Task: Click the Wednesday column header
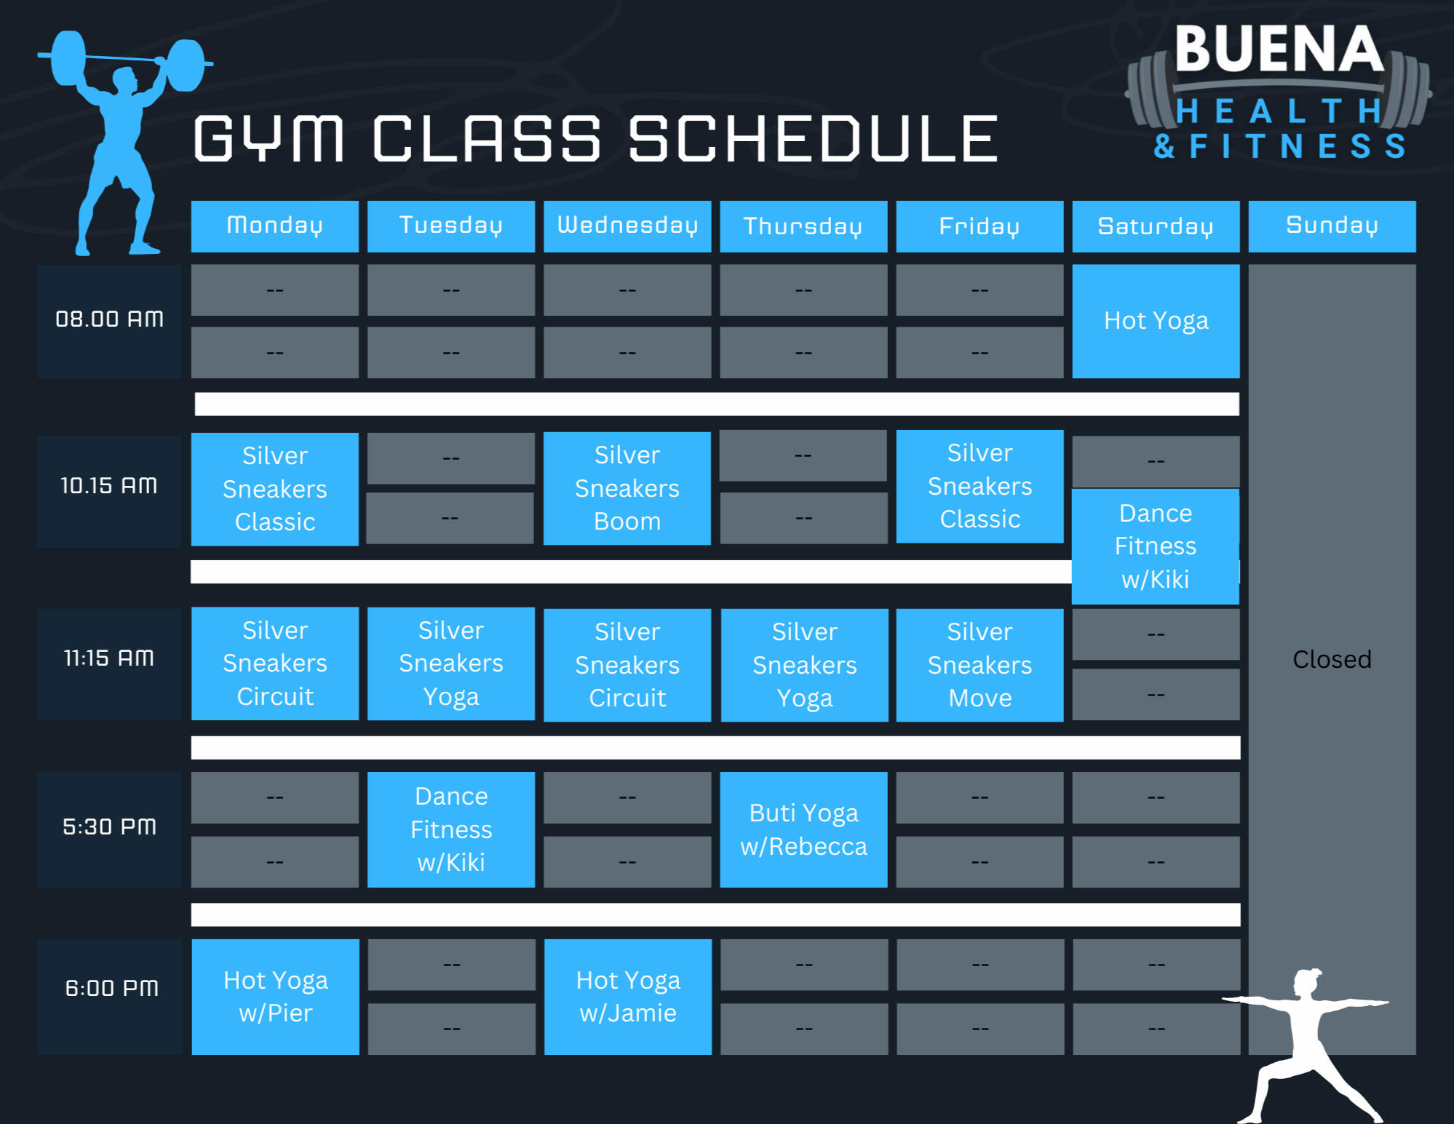627,226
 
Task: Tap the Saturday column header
1156,226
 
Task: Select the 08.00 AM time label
109,319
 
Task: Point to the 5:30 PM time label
109,827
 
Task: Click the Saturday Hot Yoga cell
1156,321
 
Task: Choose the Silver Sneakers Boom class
627,488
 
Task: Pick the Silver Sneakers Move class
980,665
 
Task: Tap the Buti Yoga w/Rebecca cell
803,829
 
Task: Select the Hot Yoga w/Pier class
275,997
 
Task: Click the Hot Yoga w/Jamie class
628,997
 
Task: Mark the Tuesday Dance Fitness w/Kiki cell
451,829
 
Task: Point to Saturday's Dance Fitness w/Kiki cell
1156,546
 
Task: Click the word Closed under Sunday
1332,659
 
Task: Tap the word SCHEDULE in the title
813,139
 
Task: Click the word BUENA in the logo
1279,49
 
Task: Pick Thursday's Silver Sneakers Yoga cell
804,665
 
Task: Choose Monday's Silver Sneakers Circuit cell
275,663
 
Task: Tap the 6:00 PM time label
111,989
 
